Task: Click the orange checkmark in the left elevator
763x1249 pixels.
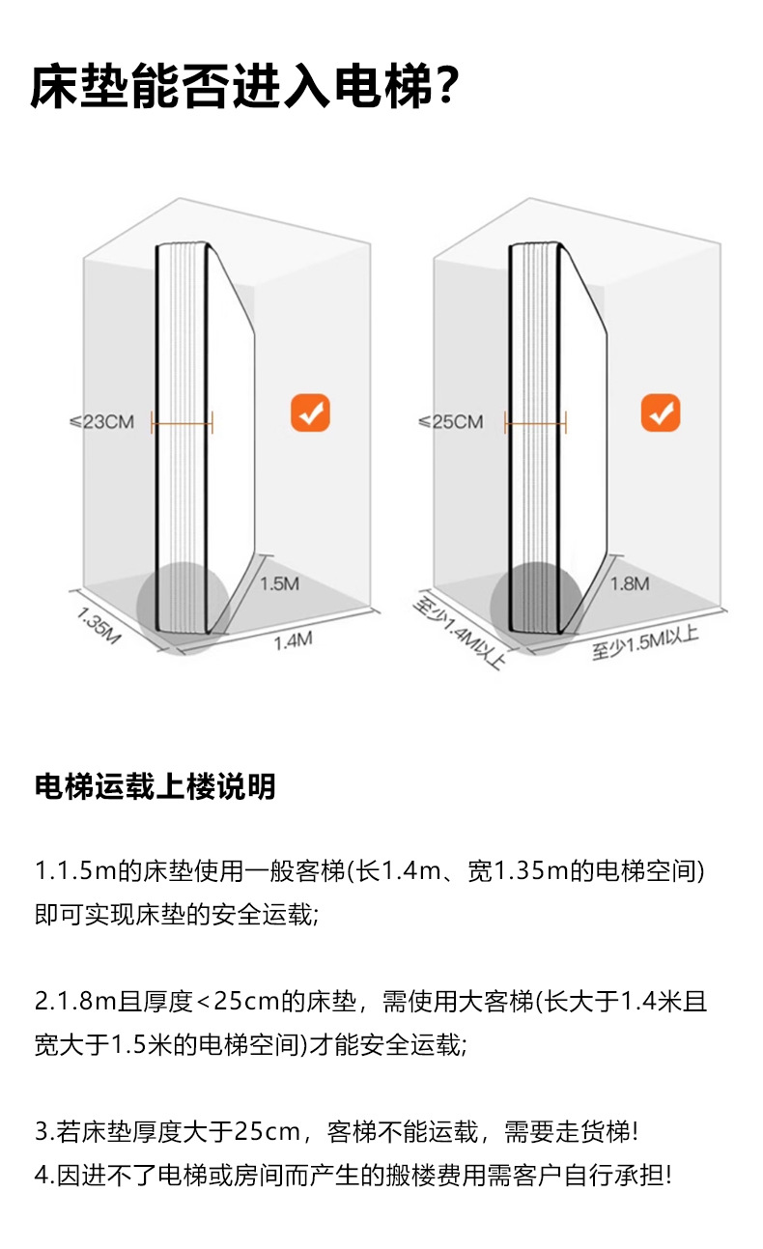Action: click(x=311, y=414)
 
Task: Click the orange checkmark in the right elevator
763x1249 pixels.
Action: click(x=661, y=414)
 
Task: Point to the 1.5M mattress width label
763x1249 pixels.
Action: click(x=280, y=583)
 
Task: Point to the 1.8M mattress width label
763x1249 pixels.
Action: click(x=630, y=583)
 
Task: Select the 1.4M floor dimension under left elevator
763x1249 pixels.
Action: click(x=294, y=639)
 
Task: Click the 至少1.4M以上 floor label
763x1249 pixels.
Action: click(x=459, y=634)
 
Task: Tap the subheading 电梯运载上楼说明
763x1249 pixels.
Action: click(x=155, y=787)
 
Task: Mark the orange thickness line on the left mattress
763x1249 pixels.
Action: click(x=182, y=421)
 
